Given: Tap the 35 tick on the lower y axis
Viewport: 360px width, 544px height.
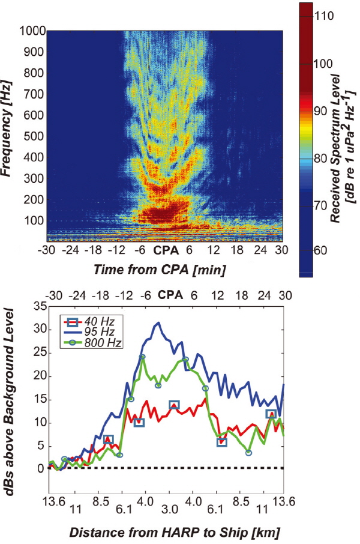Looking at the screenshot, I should click(35, 306).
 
